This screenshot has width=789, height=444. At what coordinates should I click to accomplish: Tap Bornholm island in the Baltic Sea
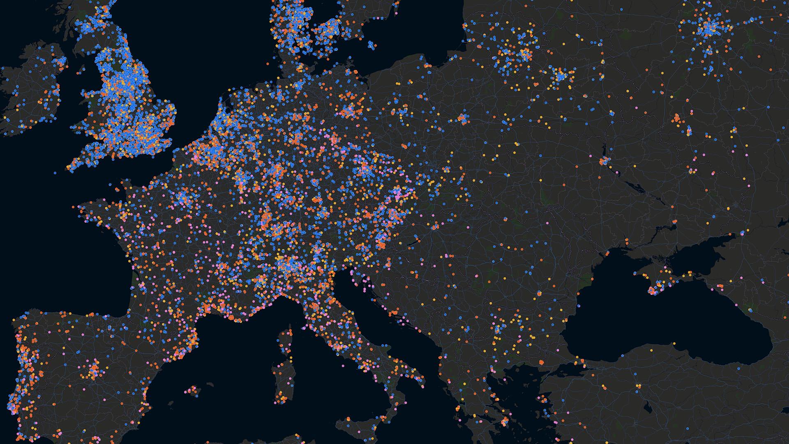(371, 44)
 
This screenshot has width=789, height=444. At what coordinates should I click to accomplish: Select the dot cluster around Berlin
(348, 110)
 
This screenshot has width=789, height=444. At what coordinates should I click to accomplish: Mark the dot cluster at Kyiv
(604, 161)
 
